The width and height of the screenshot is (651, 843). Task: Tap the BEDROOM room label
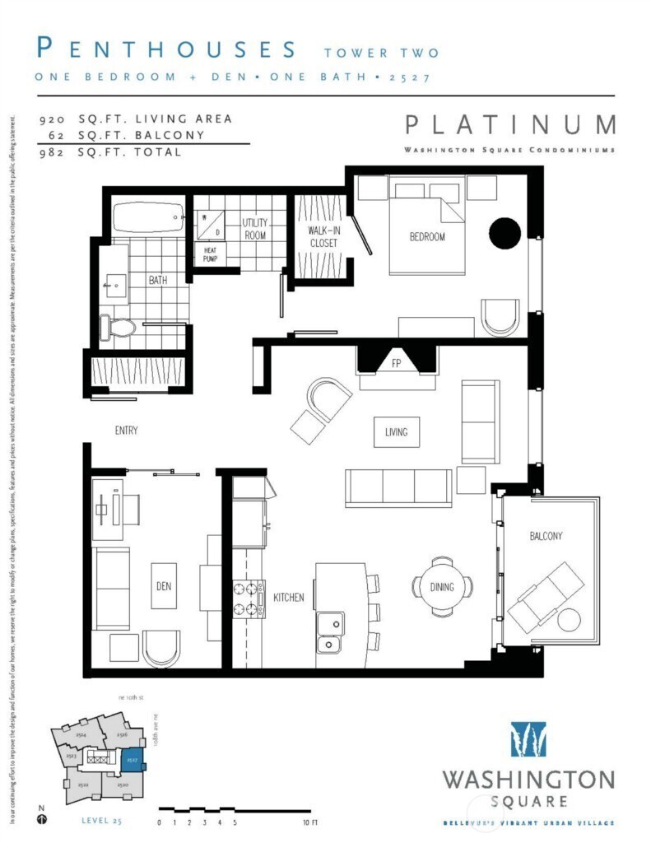[x=427, y=237]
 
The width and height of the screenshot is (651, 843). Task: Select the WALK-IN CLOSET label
[x=323, y=236]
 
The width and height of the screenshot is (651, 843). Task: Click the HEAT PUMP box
[x=210, y=254]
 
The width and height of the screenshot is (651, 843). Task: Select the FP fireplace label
[x=396, y=362]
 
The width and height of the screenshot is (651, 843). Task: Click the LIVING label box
[x=396, y=431]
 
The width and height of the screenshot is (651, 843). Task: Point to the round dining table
[x=443, y=586]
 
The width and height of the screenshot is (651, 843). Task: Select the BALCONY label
[x=546, y=536]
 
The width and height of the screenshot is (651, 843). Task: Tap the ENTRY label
[x=126, y=431]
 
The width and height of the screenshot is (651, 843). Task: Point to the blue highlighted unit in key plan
[x=132, y=759]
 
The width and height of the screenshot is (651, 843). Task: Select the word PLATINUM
[x=509, y=125]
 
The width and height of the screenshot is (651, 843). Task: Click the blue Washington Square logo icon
[x=528, y=738]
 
